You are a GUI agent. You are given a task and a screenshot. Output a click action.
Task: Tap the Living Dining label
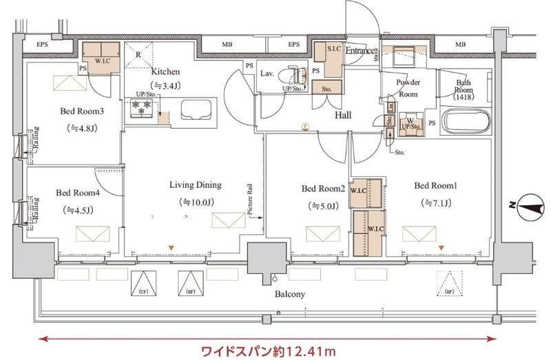click(196, 184)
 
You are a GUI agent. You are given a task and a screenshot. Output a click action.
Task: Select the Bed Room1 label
click(435, 185)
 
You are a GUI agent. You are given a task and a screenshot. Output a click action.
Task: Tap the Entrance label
click(360, 51)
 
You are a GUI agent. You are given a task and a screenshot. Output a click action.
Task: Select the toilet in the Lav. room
click(298, 76)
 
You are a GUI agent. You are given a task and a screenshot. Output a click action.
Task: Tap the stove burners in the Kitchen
click(141, 109)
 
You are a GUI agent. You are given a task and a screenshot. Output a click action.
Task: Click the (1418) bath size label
click(466, 98)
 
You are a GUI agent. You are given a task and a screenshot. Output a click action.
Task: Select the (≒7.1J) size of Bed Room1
click(435, 203)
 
